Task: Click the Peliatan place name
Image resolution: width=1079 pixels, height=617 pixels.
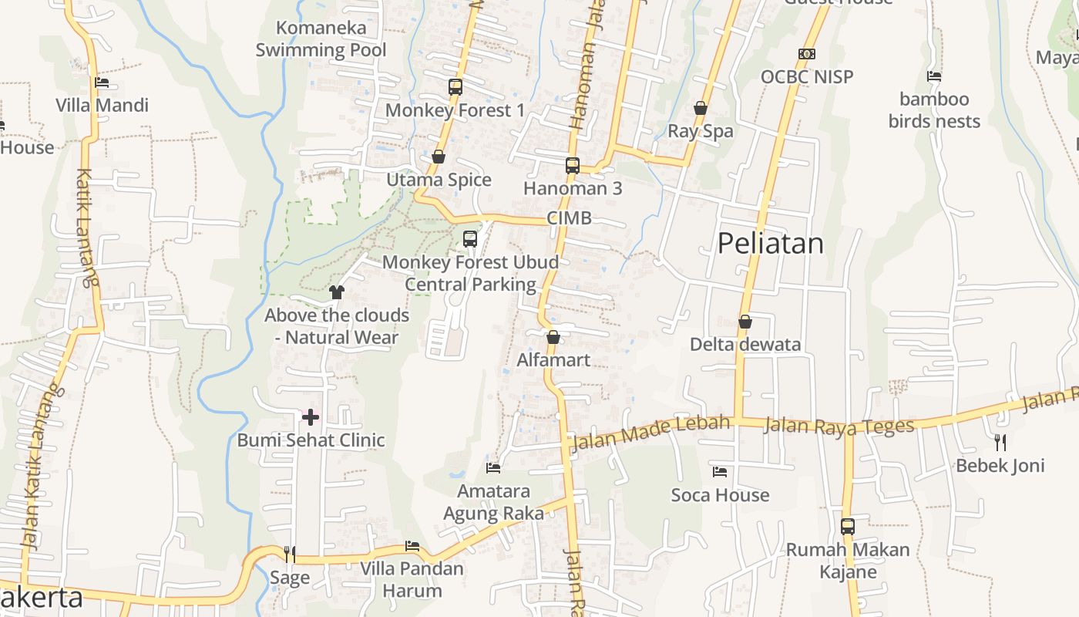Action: [770, 244]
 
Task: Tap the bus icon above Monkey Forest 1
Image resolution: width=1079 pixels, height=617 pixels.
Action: [455, 87]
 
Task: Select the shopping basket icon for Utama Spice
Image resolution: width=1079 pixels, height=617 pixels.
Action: [439, 157]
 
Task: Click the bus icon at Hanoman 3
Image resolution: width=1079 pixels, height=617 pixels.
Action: [572, 165]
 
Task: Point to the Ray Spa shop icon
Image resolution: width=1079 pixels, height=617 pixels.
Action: [701, 108]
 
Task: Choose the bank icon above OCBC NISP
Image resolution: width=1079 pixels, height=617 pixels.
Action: [807, 54]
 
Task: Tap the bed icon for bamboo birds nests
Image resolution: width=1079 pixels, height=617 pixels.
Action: [934, 76]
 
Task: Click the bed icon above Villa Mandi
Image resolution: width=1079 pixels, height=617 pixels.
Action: [102, 83]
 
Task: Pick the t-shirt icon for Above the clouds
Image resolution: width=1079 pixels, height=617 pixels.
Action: [337, 292]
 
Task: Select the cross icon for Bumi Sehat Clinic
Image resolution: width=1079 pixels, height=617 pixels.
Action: [311, 417]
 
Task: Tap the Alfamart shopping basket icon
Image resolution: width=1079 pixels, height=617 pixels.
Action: [553, 337]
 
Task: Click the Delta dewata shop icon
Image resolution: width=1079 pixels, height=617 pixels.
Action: [745, 322]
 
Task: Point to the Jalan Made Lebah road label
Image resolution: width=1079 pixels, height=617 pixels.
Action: [650, 433]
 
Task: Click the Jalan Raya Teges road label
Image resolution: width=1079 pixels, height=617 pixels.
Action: [839, 426]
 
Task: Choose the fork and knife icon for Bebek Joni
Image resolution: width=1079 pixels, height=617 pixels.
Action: [1000, 442]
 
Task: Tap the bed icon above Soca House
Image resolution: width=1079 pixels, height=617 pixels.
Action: [720, 471]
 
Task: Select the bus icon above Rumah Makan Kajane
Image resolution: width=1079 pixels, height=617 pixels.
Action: [848, 527]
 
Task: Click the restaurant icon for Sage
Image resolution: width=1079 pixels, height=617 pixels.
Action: [290, 554]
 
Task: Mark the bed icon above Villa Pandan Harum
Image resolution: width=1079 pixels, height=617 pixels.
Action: [412, 546]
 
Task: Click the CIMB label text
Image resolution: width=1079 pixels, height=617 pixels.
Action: [570, 218]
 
